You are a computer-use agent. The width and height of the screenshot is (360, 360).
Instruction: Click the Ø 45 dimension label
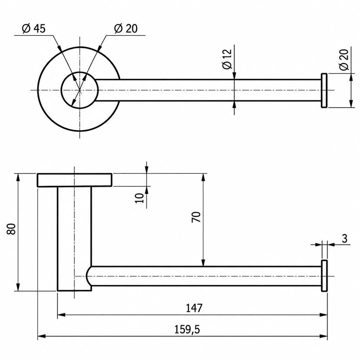coord(34,28)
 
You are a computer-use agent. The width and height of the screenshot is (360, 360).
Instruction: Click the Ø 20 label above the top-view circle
coord(126,28)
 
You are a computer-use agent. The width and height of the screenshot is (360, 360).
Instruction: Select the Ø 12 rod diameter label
coord(227,59)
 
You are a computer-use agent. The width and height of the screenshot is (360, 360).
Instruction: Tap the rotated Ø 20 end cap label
coord(343,59)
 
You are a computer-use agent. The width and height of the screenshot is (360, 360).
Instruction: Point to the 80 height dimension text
coord(11,229)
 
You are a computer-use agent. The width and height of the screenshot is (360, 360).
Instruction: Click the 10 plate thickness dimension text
coord(139,198)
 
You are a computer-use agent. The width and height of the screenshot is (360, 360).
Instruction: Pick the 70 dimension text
coord(196,217)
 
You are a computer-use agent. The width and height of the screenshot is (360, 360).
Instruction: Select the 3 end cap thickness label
coord(345,239)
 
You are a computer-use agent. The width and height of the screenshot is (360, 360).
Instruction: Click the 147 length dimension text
coord(194,308)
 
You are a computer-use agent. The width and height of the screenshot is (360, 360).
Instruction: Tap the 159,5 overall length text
coord(187,330)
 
